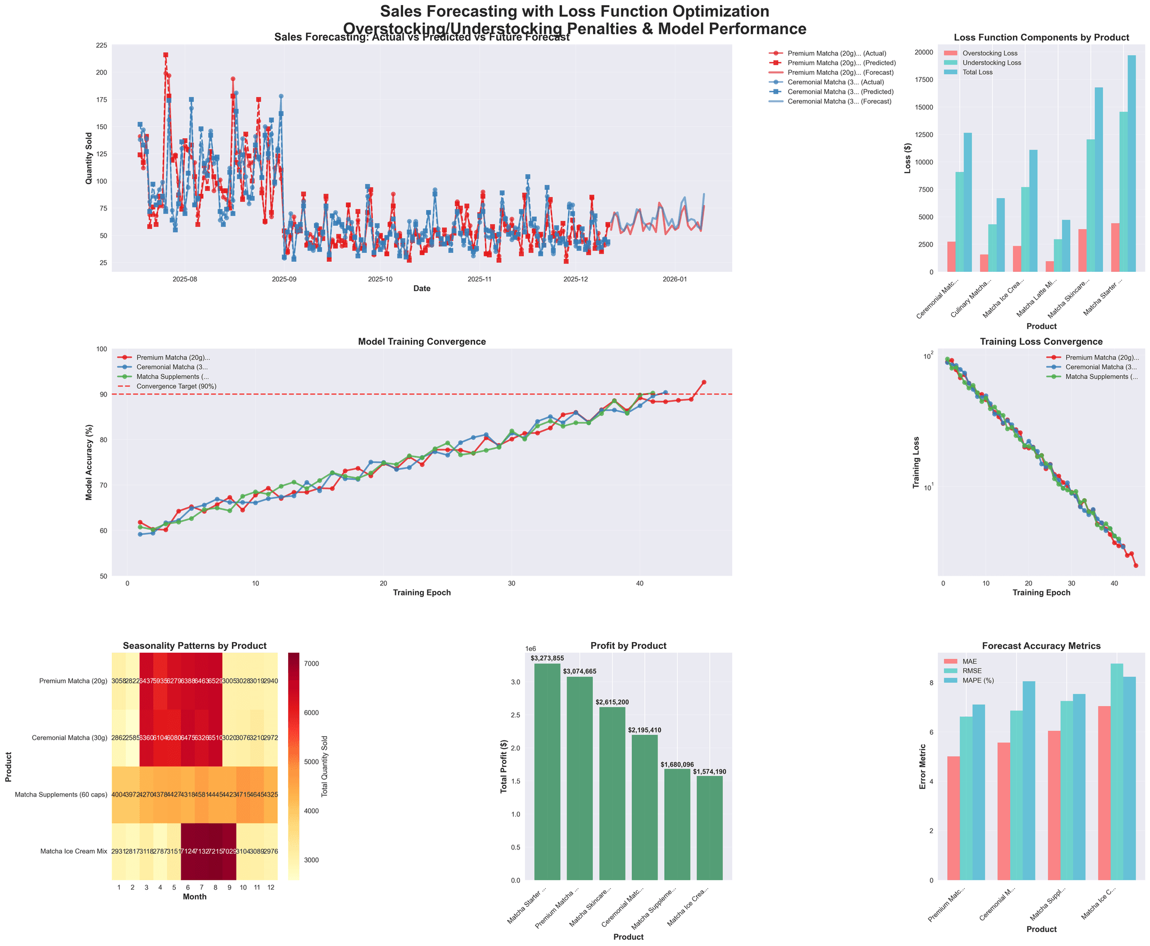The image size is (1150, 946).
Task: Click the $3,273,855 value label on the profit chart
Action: coord(547,658)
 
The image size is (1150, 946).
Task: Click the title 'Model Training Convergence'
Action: coord(422,342)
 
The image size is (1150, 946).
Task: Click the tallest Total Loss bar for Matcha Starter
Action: coord(1131,163)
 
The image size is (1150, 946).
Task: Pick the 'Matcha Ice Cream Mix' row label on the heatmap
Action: coord(73,852)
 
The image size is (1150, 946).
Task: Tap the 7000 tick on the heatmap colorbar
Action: coord(314,663)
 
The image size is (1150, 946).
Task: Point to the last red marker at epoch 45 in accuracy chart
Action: coord(704,382)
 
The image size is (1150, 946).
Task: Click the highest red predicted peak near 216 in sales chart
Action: coord(166,55)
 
